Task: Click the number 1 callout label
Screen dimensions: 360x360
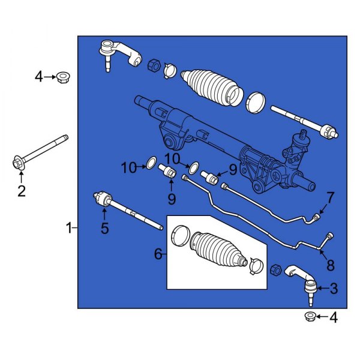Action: coord(70,227)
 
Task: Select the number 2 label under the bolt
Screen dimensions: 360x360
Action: coord(21,192)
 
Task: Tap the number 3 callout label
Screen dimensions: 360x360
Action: coord(334,289)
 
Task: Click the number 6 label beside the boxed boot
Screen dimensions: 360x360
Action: coord(158,254)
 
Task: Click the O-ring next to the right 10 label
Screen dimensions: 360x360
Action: coord(193,164)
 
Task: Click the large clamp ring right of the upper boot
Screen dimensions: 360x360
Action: coord(256,101)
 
